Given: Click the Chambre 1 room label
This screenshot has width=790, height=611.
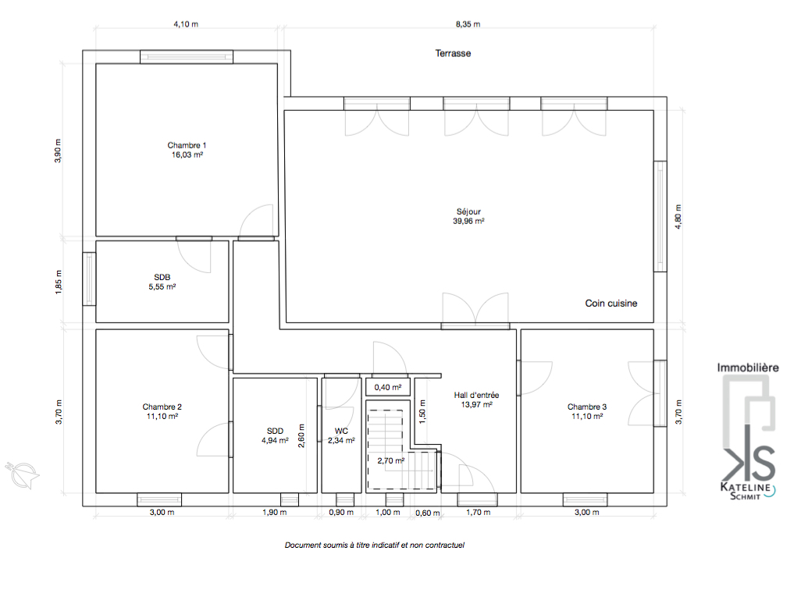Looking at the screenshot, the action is (187, 145).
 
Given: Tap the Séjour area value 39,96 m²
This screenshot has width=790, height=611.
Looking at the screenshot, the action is (468, 221).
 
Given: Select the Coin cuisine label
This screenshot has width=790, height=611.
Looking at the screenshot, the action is (611, 304).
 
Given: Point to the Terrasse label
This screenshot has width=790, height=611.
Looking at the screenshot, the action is (453, 53).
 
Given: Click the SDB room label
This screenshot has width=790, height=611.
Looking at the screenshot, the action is (162, 277).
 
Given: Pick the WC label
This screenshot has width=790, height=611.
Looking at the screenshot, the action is (342, 431).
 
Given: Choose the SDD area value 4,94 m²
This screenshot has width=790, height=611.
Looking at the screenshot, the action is (275, 440).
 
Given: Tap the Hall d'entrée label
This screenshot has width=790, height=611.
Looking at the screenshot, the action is (477, 395).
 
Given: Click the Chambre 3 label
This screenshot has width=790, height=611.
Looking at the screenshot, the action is (587, 407).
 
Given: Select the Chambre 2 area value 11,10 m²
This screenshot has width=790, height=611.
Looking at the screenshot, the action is (162, 417).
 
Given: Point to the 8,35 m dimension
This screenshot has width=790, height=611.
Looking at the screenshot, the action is (468, 24).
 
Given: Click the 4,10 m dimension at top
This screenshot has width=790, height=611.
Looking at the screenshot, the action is (186, 24).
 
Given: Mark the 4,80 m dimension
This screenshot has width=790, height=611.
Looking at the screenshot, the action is (678, 217).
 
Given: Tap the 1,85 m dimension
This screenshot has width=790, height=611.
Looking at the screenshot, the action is (59, 282).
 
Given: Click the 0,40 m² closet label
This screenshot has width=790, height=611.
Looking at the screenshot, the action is (388, 387).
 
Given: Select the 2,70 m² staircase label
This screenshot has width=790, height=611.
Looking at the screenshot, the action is (391, 461).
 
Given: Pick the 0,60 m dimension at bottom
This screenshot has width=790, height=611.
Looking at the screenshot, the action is (428, 513).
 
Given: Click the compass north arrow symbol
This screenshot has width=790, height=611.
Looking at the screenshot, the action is (22, 474).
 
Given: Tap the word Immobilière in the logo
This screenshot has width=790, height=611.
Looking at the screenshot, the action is (748, 368).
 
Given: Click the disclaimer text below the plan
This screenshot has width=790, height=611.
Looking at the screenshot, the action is (375, 545).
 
